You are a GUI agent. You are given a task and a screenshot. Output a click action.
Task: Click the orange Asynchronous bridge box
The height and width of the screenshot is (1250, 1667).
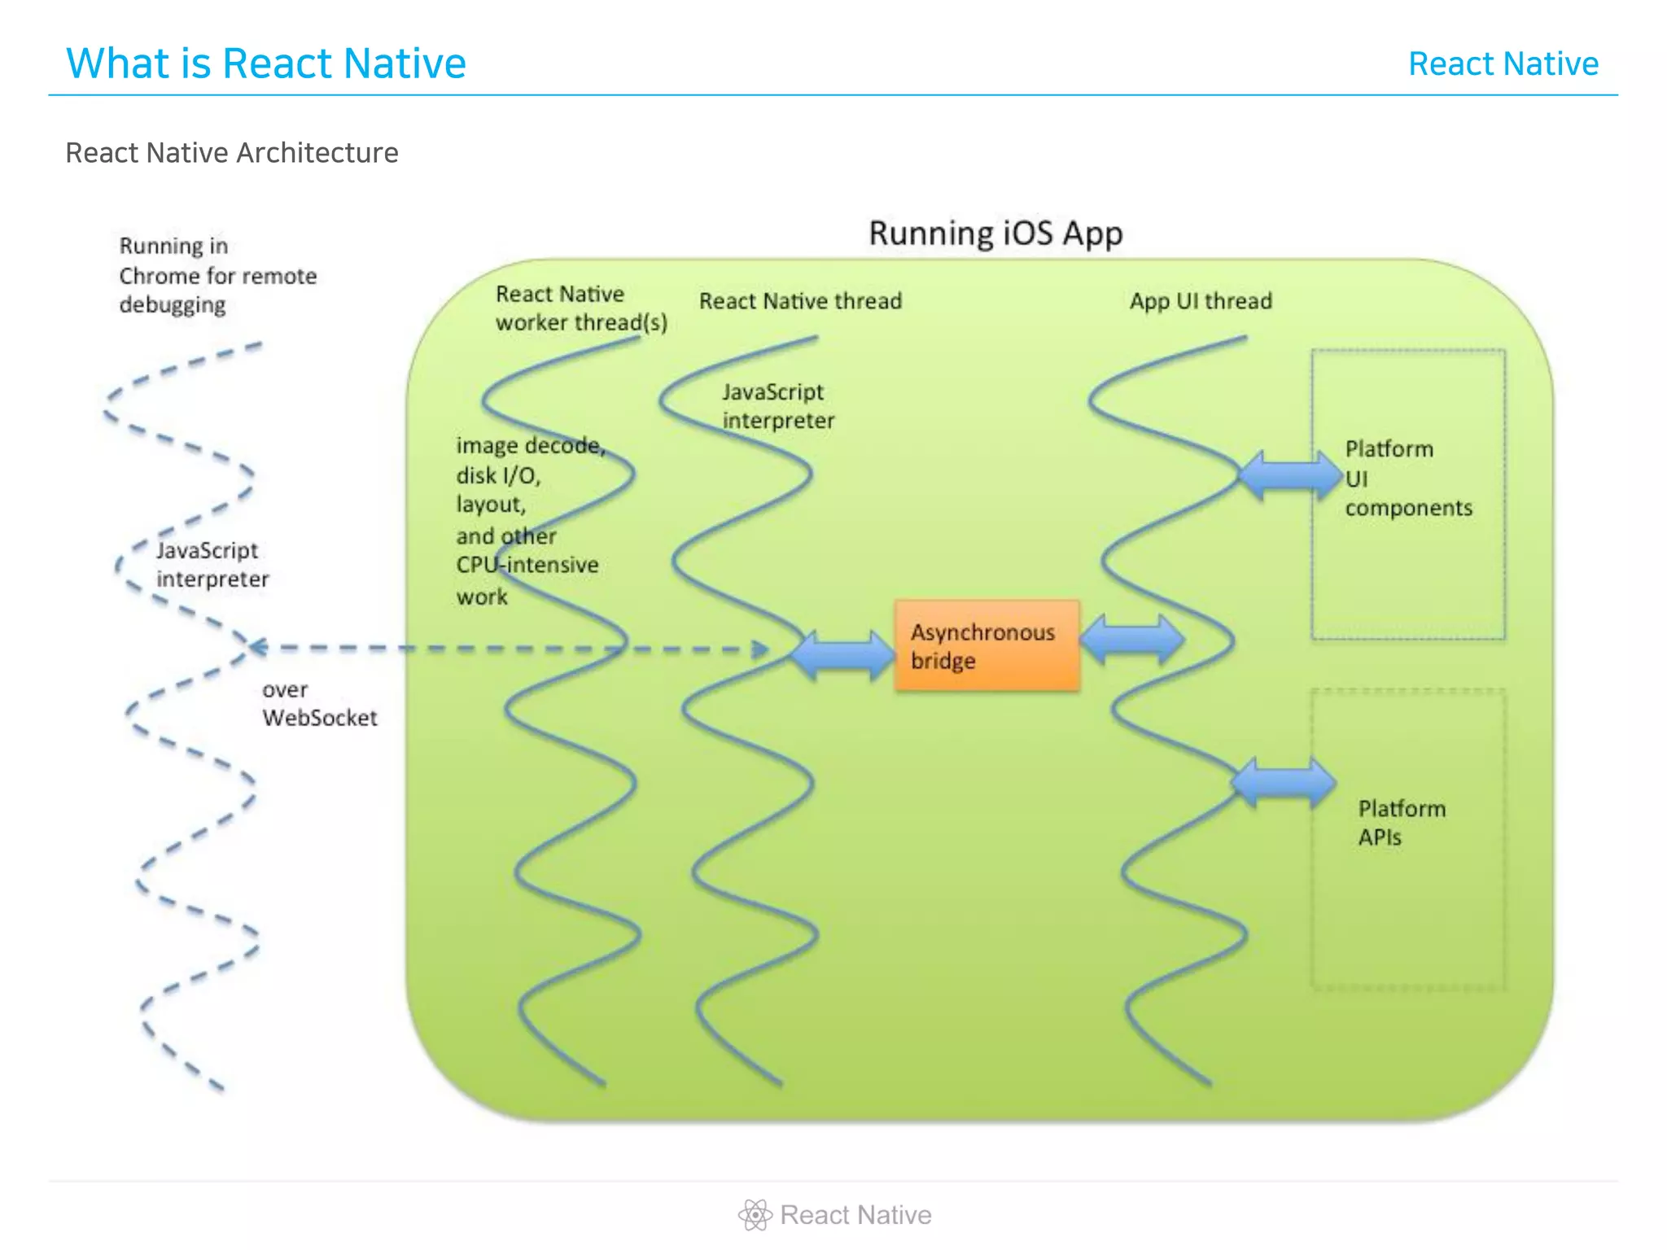pos(987,645)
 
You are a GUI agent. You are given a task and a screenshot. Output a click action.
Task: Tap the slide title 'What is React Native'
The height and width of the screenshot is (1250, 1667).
pos(265,63)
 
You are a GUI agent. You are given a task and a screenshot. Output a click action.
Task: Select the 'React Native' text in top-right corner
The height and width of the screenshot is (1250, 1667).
pos(1503,63)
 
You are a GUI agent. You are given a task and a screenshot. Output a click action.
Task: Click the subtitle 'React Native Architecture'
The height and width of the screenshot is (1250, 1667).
pos(232,153)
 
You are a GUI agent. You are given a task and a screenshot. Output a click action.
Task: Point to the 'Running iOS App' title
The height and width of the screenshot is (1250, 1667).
pos(995,233)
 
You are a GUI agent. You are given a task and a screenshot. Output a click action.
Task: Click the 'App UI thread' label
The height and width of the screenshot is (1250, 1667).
pos(1200,301)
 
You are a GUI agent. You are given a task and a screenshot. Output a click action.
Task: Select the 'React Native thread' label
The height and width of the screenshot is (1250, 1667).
pos(800,301)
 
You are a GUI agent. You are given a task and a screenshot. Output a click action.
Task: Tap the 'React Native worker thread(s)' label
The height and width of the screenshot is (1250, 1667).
pos(580,308)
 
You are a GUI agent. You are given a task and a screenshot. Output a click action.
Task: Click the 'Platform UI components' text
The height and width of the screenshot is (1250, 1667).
pos(1407,478)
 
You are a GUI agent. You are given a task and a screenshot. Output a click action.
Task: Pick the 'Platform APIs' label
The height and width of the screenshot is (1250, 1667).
pos(1401,822)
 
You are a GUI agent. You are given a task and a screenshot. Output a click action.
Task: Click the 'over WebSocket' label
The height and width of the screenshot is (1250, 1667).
pos(319,704)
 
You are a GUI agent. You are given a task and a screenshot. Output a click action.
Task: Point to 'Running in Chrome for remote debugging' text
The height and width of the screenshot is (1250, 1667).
pos(217,275)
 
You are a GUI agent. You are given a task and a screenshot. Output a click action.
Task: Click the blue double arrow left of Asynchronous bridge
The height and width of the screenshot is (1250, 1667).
pos(842,654)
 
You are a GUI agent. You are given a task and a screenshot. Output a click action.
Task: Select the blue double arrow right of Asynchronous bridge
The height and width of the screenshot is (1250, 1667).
pos(1131,640)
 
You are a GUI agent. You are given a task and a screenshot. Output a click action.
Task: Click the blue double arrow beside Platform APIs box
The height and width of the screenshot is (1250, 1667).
pos(1283,782)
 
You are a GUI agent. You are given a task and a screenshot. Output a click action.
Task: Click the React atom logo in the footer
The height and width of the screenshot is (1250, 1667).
pos(755,1215)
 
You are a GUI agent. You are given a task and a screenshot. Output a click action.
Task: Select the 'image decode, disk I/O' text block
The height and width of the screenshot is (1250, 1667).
pos(529,520)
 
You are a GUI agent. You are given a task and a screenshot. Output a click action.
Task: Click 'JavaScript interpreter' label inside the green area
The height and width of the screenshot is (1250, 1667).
pos(777,406)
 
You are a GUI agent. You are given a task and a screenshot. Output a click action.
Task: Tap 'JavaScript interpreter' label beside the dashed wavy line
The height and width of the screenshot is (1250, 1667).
pos(212,565)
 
